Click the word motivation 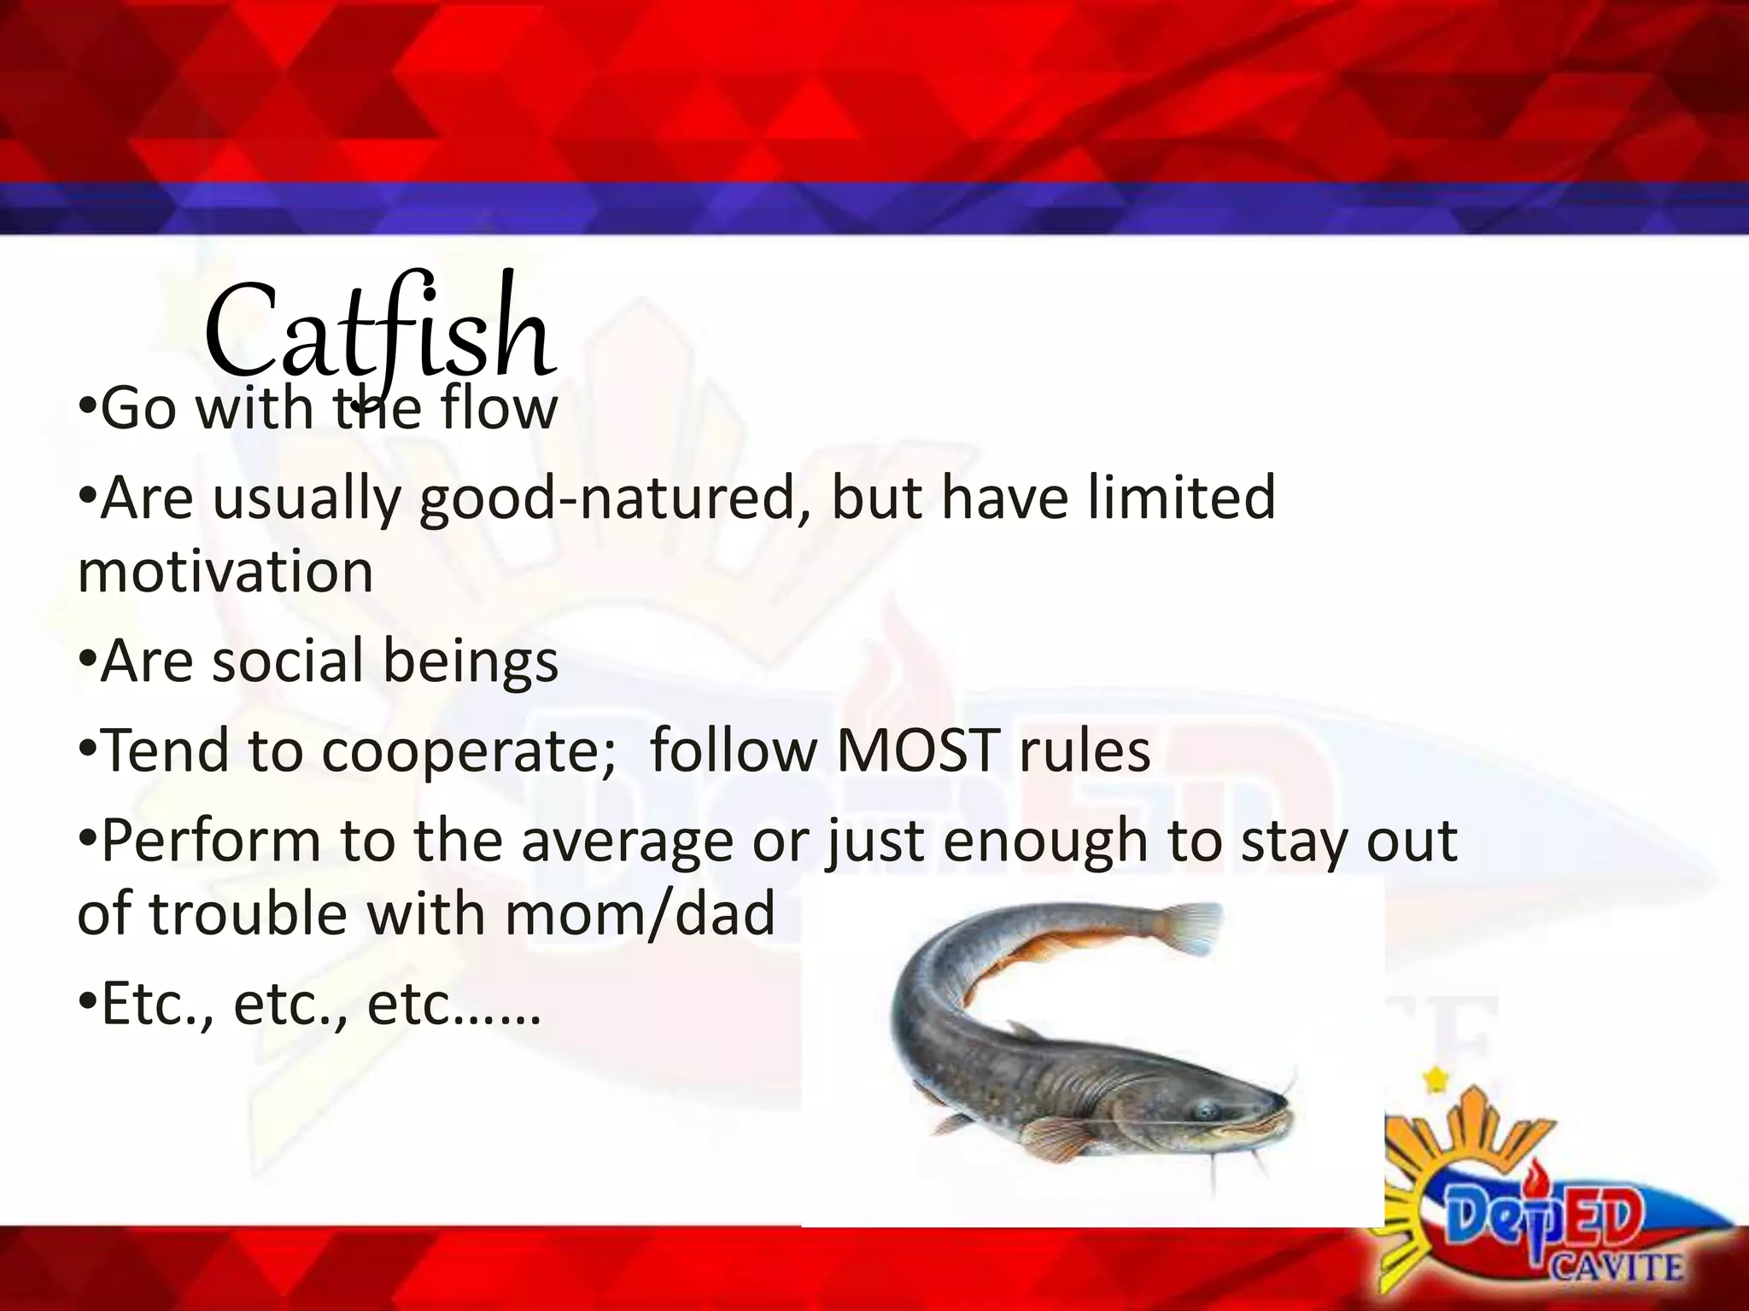(225, 571)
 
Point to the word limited (1182, 498)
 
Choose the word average (628, 841)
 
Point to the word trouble (248, 913)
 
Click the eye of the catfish (1204, 1111)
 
